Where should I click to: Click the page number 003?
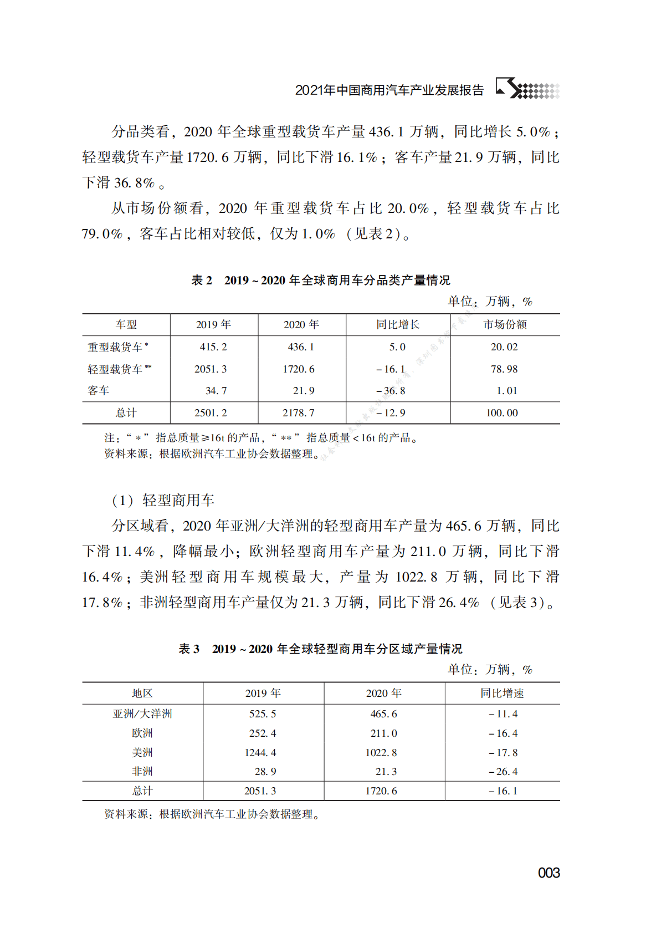[x=548, y=873]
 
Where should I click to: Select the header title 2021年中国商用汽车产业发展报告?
[x=389, y=90]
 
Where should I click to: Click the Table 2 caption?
[x=321, y=281]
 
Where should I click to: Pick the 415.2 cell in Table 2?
[x=213, y=347]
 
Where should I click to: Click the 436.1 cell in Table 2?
[x=301, y=347]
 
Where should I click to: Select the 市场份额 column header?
[x=505, y=325]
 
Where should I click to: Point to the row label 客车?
[x=99, y=391]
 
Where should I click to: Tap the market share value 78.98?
[x=504, y=369]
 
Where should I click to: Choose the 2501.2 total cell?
[x=211, y=413]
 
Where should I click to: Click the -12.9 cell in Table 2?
[x=391, y=413]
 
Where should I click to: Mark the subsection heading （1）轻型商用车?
[x=163, y=501]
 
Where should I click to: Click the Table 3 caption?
[x=320, y=649]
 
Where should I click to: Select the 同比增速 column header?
[x=502, y=694]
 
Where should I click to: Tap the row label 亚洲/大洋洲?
[x=142, y=714]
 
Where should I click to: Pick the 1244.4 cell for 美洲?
[x=260, y=753]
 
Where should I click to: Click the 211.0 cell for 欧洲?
[x=383, y=733]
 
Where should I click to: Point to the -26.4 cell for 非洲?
[x=503, y=772]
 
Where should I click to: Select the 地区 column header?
[x=142, y=694]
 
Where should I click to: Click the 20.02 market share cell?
[x=504, y=347]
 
